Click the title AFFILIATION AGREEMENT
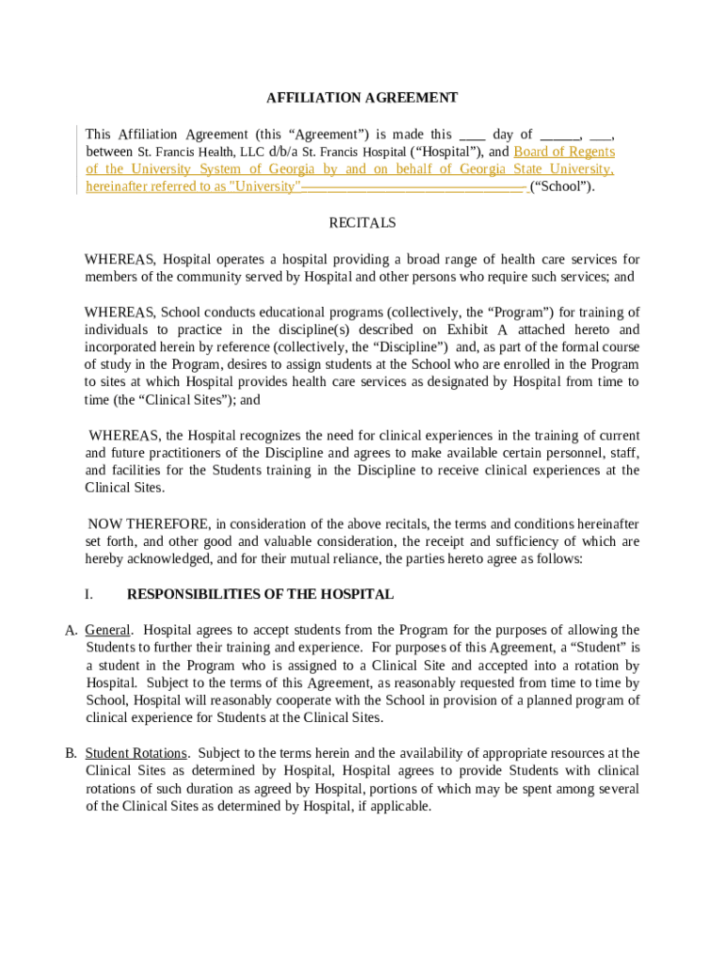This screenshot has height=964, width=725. (362, 98)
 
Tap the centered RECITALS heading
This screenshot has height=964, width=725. (362, 223)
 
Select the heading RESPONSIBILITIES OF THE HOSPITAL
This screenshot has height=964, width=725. (260, 595)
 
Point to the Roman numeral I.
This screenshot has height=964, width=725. (89, 595)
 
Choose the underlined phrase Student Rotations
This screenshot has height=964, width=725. (136, 753)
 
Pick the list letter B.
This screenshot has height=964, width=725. (71, 753)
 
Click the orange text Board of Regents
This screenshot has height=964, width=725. (564, 152)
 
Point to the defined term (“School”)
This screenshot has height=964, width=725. (562, 186)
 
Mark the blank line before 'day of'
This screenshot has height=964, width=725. (472, 135)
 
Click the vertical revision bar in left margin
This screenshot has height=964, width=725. (77, 160)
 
